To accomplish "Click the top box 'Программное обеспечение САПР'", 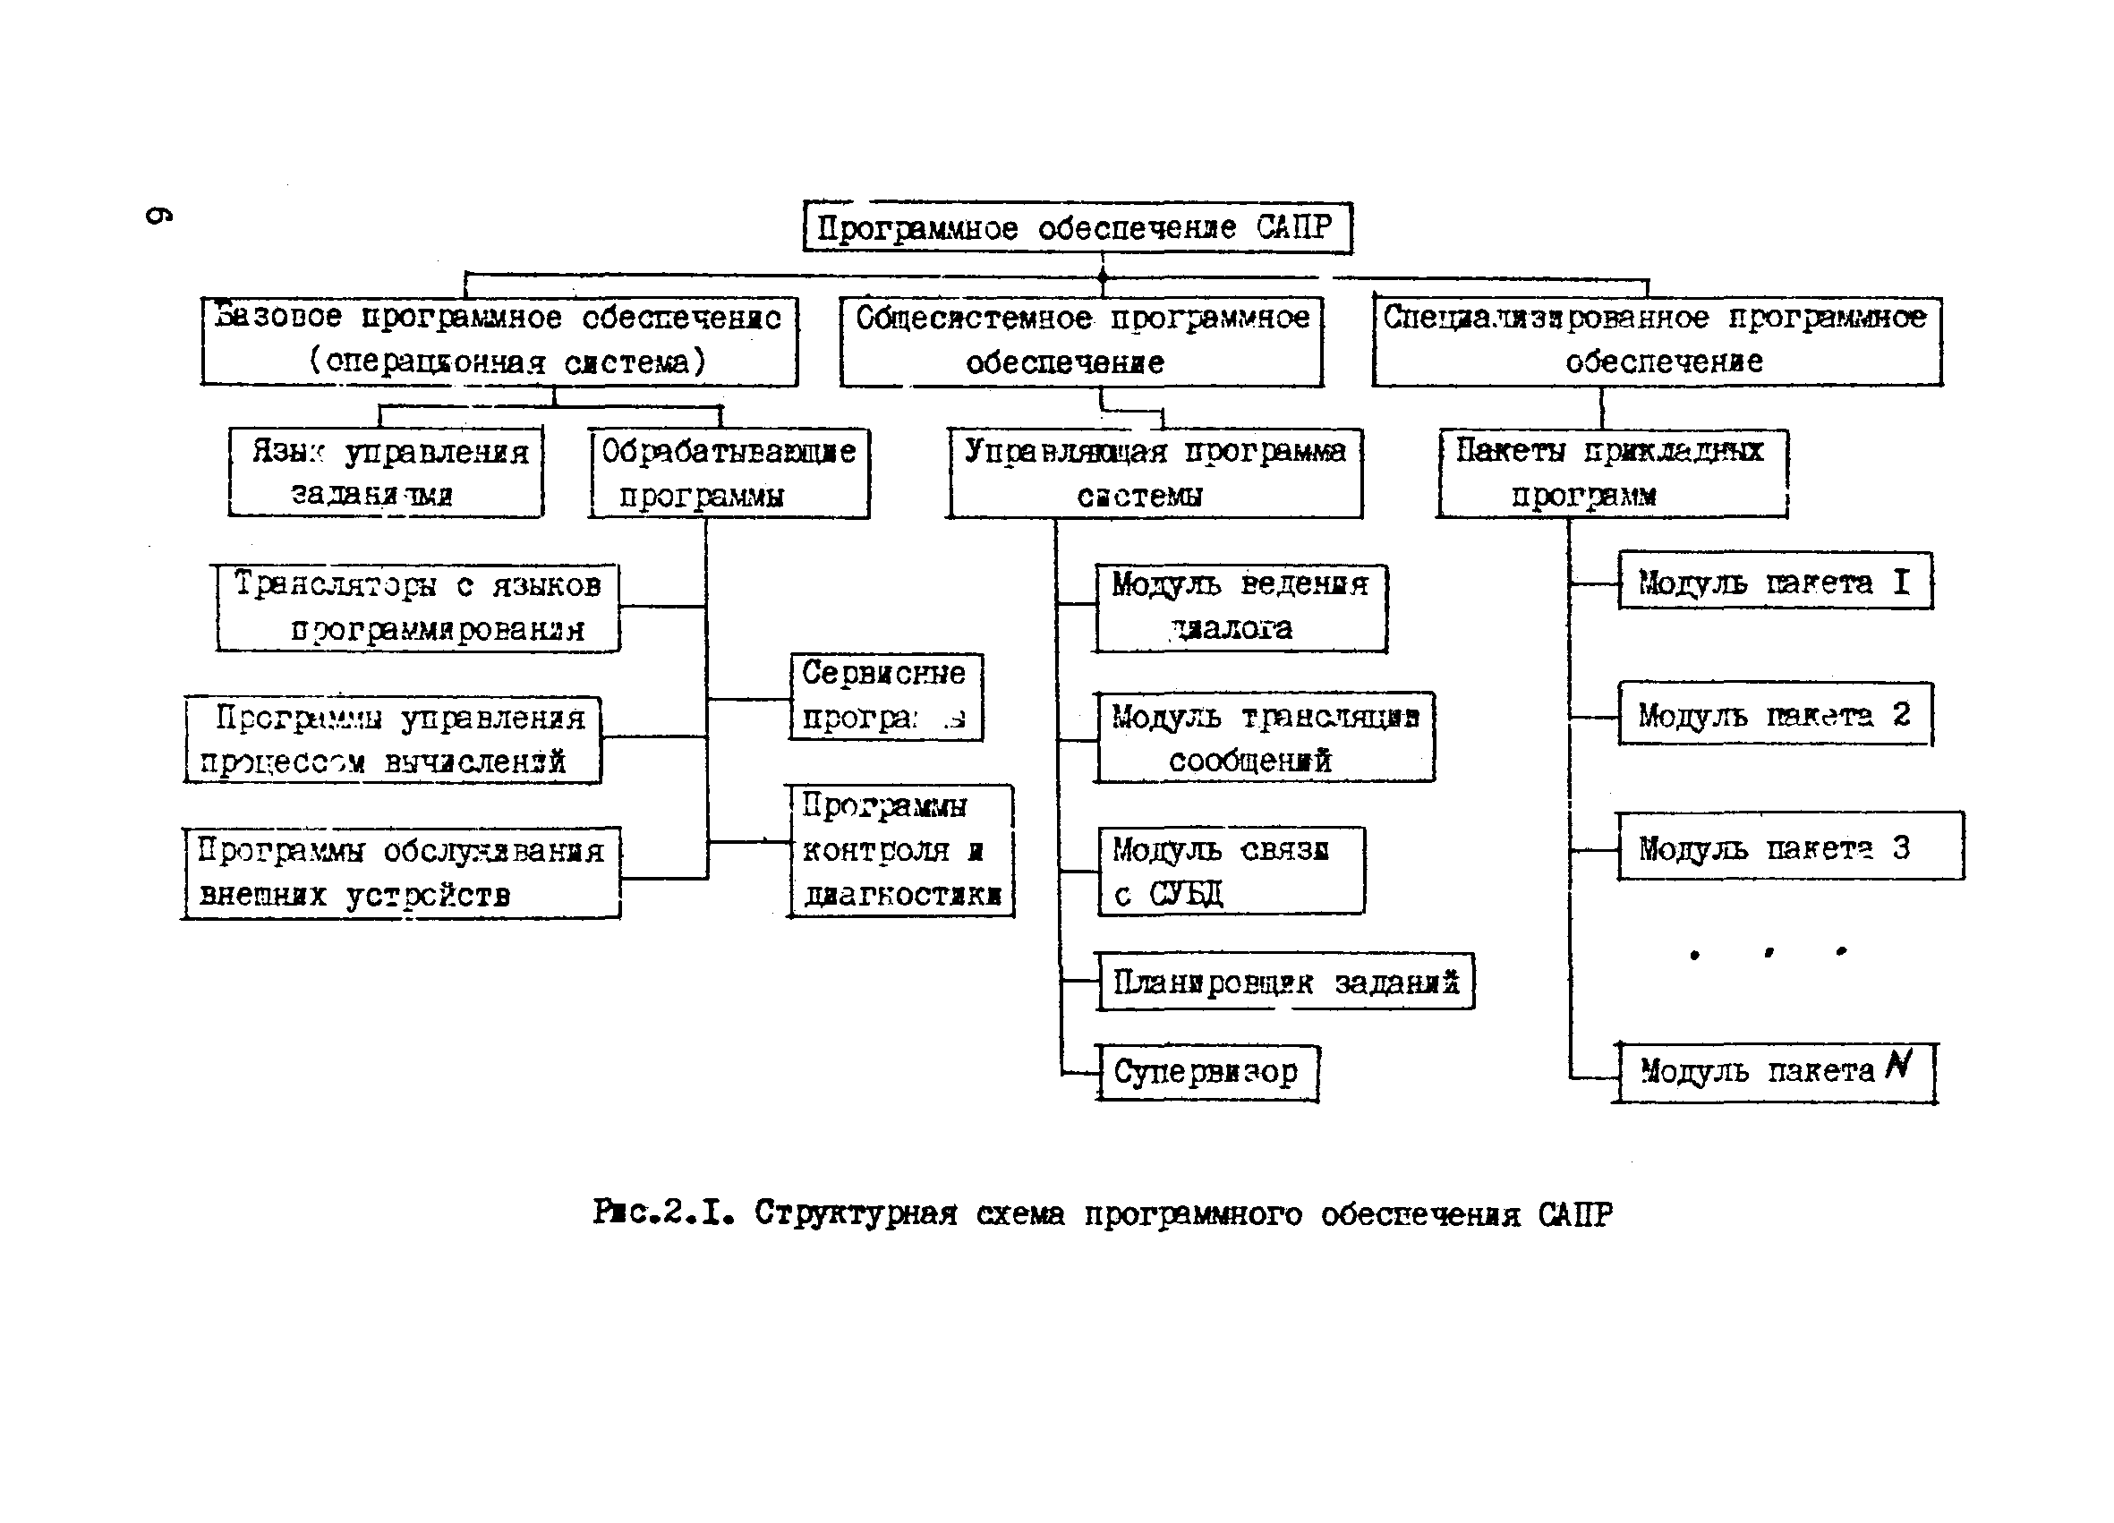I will click(1077, 227).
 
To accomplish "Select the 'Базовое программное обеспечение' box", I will click(499, 340).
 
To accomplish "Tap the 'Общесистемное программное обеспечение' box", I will click(1081, 340).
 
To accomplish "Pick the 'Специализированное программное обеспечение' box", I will click(1657, 340).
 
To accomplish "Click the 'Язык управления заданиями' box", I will click(386, 472).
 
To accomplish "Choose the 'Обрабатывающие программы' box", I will click(729, 472).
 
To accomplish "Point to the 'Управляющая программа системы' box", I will click(1154, 472).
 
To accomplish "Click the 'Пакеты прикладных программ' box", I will click(1611, 472).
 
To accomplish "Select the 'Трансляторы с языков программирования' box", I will click(418, 607).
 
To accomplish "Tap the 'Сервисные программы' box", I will click(885, 696).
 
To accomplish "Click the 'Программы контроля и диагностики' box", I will click(900, 850).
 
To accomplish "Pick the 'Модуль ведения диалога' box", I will click(1240, 607).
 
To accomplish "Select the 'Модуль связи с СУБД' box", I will click(1231, 871).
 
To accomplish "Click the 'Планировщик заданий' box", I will click(1284, 982).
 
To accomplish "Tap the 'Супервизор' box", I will click(1207, 1072).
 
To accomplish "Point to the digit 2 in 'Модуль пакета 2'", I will click(1902, 714).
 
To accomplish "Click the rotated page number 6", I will click(158, 215).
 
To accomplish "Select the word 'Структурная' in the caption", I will click(856, 1213).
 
